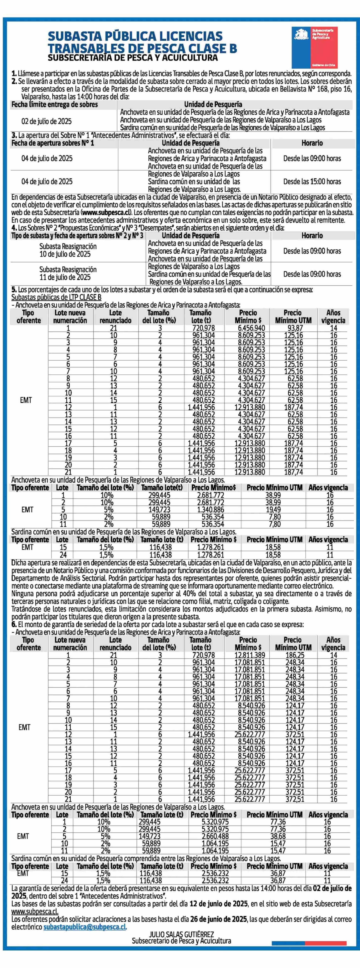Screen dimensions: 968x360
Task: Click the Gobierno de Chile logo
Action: tap(315, 47)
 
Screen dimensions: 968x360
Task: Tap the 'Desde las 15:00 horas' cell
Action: tap(312, 181)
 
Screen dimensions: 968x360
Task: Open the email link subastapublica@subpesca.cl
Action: tap(85, 927)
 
